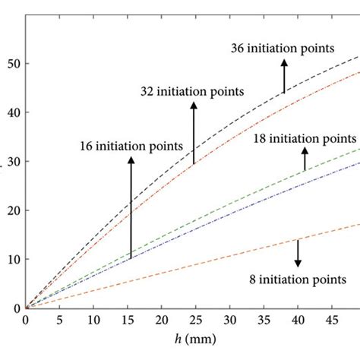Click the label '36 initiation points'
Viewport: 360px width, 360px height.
pyautogui.click(x=282, y=49)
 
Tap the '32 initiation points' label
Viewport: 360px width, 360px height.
pyautogui.click(x=192, y=92)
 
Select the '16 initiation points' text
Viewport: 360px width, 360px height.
pyautogui.click(x=131, y=145)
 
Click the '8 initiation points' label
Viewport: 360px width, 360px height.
pyautogui.click(x=300, y=279)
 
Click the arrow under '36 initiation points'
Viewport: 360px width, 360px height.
pyautogui.click(x=284, y=76)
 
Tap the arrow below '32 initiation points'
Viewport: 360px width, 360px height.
pyautogui.click(x=194, y=132)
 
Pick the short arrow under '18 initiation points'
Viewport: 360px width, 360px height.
pyautogui.click(x=305, y=159)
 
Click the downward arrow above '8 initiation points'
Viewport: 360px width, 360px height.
pyautogui.click(x=298, y=252)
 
